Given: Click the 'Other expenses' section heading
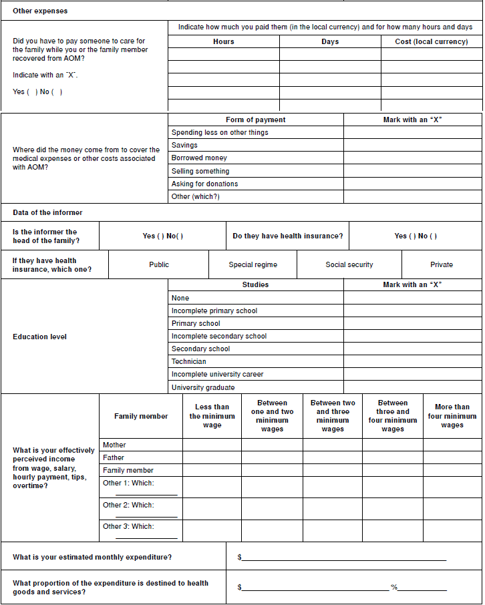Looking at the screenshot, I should point(40,11).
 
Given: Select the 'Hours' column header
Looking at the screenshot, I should point(223,41).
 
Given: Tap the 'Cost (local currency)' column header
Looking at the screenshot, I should point(432,41).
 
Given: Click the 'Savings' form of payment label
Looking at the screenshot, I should point(184,145).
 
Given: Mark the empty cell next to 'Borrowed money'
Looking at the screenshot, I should point(412,158).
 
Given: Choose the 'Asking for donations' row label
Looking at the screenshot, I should point(204,184).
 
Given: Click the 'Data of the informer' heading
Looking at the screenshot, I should point(47,212).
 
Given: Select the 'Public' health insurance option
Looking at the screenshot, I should point(159,264).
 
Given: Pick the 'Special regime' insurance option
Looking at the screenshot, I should point(253,264).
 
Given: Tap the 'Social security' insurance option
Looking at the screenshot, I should point(349,264).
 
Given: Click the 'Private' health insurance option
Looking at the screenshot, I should point(441,264).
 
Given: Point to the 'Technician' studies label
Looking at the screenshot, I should point(189,361).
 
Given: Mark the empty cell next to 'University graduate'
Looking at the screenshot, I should point(412,387).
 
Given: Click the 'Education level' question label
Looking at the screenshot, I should point(40,337).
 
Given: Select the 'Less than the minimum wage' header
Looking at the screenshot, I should point(212,416).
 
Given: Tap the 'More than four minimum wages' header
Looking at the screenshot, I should point(452,416).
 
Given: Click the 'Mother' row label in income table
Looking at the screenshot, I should point(114,445).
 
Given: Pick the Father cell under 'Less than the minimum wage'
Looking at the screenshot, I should point(212,458).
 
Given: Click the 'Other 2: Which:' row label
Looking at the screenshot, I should point(128,505).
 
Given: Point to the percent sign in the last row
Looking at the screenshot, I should point(394,588).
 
